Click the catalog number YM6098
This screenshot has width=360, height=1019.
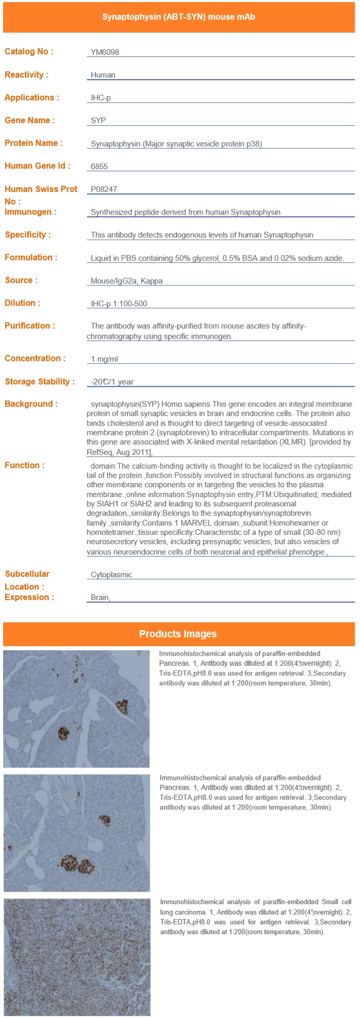tap(105, 52)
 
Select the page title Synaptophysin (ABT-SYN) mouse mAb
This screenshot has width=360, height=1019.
tap(178, 17)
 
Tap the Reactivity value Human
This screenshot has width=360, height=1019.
tap(103, 75)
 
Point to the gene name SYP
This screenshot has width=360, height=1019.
tap(98, 121)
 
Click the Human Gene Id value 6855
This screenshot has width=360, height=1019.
tap(99, 167)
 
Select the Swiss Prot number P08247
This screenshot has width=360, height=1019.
tap(104, 189)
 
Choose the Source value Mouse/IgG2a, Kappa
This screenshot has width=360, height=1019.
tap(127, 281)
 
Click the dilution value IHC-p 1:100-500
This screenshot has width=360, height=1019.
tap(119, 304)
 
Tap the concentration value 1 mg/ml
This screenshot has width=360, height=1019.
tap(104, 359)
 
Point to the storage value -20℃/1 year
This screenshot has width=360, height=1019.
tap(112, 382)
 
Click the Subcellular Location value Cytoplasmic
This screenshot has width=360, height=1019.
tap(112, 575)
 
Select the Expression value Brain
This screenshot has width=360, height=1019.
tap(100, 597)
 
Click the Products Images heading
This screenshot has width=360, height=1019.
tap(178, 634)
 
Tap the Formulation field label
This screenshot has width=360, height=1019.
tap(31, 258)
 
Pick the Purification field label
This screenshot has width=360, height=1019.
tap(30, 326)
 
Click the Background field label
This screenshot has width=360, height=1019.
tap(31, 404)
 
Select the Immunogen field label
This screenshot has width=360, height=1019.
tap(31, 212)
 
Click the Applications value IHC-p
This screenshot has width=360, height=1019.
tap(101, 98)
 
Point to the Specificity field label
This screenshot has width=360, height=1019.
tap(28, 235)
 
